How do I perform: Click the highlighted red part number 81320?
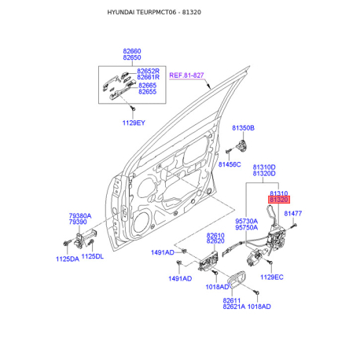(x=279, y=200)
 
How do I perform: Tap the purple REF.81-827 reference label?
(x=186, y=75)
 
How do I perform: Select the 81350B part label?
(x=243, y=128)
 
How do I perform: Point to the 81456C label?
(x=230, y=164)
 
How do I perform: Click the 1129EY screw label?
(x=134, y=123)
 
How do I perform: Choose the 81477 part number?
(x=293, y=214)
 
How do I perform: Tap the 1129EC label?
(x=272, y=277)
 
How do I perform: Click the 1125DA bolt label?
(x=68, y=259)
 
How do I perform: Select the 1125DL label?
(x=93, y=256)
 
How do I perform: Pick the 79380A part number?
(x=80, y=216)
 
